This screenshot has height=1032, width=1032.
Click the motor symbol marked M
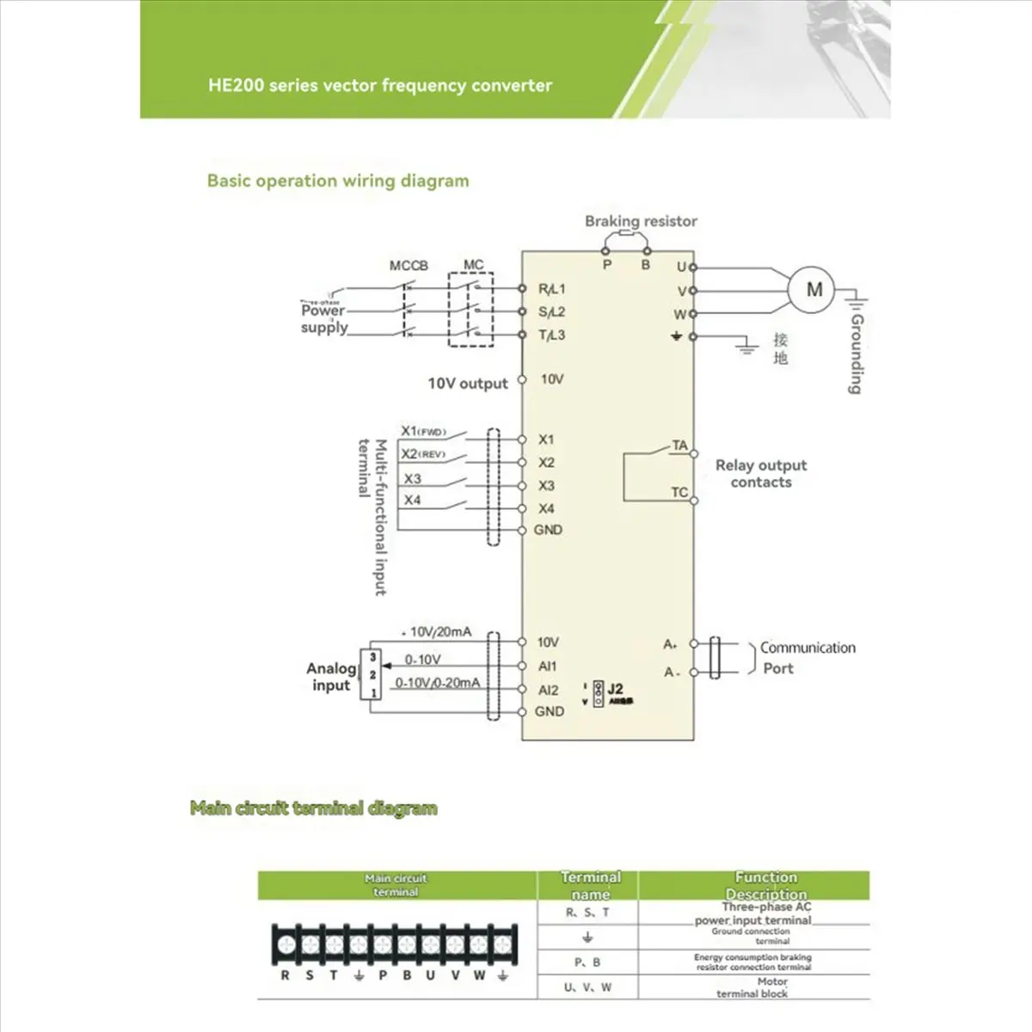click(x=814, y=290)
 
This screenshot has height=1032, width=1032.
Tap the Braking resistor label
click(x=641, y=221)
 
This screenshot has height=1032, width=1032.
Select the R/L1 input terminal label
click(x=551, y=290)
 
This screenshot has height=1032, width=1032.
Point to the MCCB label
click(x=408, y=266)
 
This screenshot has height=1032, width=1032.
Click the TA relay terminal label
click(x=679, y=445)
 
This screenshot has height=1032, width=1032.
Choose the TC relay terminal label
click(x=679, y=493)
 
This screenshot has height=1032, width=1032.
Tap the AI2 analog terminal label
click(x=549, y=690)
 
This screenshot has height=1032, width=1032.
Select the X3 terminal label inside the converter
click(x=546, y=486)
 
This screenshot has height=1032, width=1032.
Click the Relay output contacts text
click(x=761, y=474)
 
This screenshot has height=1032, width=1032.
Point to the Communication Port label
click(x=807, y=658)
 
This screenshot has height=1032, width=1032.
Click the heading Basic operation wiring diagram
click(x=338, y=181)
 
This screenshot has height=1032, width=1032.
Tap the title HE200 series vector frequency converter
click(x=380, y=85)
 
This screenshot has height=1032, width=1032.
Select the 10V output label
click(x=468, y=384)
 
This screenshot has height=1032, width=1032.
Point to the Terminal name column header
click(x=591, y=885)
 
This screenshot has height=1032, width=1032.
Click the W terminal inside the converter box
click(x=679, y=315)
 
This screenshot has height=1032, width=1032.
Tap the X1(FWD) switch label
click(x=424, y=431)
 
